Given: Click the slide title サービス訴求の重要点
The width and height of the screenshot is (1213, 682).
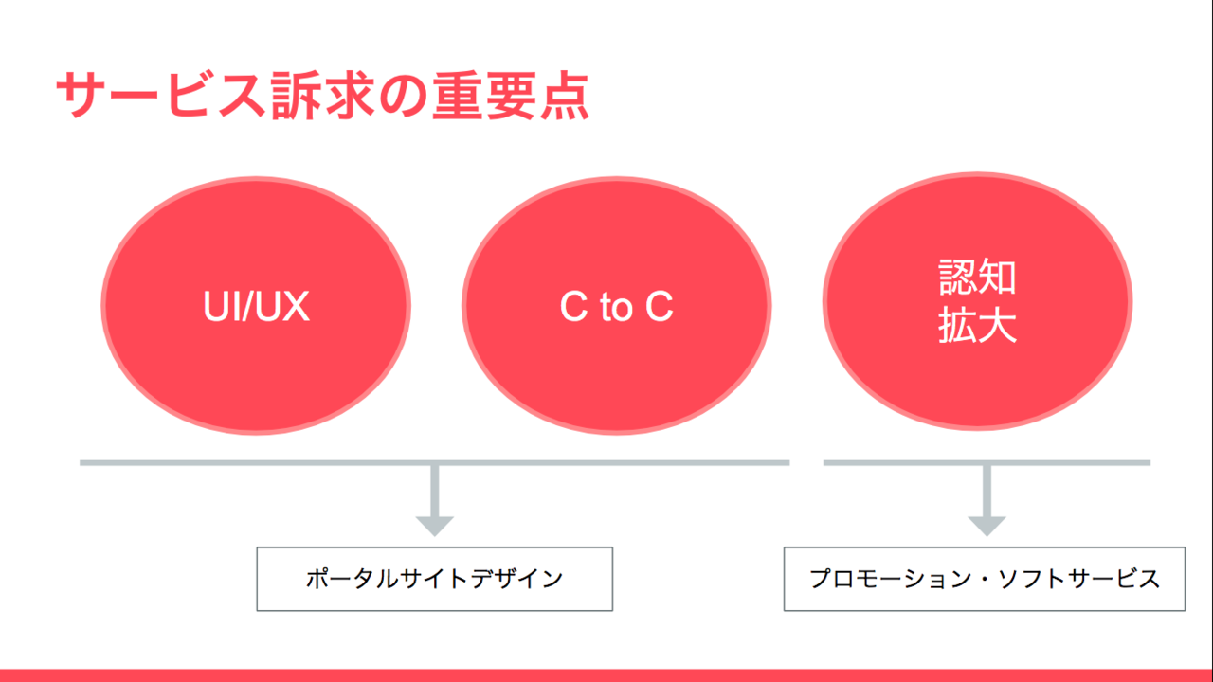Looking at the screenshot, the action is (323, 96).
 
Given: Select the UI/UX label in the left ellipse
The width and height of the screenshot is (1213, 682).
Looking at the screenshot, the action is (256, 306).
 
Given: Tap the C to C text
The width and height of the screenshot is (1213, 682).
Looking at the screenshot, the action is (616, 306).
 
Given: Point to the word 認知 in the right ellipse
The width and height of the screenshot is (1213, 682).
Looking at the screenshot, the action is (977, 277).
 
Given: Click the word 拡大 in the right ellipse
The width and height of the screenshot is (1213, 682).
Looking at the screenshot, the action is (977, 325).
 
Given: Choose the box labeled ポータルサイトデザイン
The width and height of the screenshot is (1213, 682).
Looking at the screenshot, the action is (435, 579).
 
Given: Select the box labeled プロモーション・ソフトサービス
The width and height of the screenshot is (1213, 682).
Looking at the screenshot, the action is (985, 579).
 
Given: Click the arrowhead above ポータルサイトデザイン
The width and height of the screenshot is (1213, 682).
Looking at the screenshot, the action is (435, 526).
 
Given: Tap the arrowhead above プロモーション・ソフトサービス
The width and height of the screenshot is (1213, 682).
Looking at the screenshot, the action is (987, 526).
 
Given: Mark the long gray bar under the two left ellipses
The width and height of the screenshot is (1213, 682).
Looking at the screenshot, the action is (434, 463).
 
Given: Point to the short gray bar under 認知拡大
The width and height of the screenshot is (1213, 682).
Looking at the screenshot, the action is (987, 463).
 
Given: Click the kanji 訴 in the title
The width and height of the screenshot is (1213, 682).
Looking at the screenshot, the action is (297, 96).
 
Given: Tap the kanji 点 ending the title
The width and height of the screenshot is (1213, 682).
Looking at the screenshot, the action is (564, 96).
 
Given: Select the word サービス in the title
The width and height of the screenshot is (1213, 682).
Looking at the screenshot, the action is (161, 96).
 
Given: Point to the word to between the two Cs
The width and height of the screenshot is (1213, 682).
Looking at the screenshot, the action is (616, 308).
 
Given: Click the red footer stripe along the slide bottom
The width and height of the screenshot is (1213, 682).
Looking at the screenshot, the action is (606, 675).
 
